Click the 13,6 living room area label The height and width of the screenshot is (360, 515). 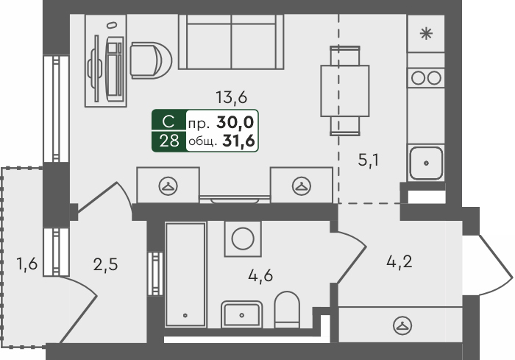(231, 97)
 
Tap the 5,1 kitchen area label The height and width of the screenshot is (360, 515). (369, 160)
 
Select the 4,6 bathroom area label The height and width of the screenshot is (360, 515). (260, 275)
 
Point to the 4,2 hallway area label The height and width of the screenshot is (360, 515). (399, 262)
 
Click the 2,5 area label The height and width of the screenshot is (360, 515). (105, 264)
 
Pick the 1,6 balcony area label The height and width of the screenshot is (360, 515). (27, 264)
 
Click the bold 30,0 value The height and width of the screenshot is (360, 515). (235, 122)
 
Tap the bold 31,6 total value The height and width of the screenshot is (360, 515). (239, 141)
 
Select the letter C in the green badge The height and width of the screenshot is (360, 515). (168, 121)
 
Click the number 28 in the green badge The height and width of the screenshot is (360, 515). (169, 141)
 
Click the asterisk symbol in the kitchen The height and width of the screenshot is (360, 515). (426, 34)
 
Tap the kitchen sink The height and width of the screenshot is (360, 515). (426, 163)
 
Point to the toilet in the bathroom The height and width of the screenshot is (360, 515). (287, 309)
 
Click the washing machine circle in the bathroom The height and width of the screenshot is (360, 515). (243, 239)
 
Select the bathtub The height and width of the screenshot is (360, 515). (186, 275)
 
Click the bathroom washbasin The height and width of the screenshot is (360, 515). (242, 314)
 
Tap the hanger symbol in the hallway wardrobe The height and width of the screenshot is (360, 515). (402, 325)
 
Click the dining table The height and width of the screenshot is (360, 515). (345, 91)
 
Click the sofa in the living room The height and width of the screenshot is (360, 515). (231, 42)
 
